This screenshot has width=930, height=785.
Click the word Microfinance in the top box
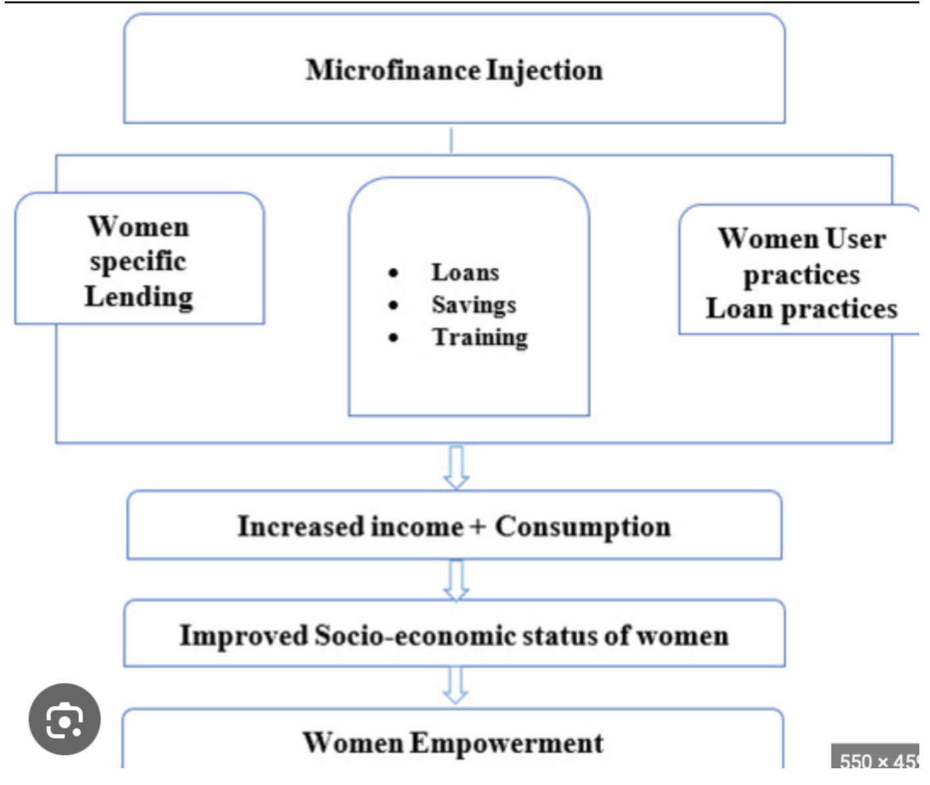coord(393,71)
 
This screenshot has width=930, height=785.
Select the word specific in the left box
coord(138,262)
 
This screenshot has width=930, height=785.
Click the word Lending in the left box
coord(139,297)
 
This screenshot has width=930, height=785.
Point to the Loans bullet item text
coord(466,272)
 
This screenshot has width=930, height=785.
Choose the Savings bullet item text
coord(474,305)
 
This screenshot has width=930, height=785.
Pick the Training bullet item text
coord(480,338)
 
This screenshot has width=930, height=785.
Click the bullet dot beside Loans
coord(394,272)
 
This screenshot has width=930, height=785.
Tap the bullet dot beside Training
coord(394,338)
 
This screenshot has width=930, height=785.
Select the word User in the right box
coord(856,239)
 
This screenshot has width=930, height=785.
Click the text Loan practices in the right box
coord(802,309)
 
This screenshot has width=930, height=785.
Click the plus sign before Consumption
coord(477,527)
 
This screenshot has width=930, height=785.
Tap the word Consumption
coord(582,527)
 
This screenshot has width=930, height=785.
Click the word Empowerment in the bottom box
coord(507,744)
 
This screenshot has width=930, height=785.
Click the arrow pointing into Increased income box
coord(456,467)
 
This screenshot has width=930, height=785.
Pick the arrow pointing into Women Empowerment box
coord(456,686)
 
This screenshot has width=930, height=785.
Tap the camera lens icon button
coord(65,720)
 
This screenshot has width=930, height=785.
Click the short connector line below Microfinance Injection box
coord(452,140)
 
